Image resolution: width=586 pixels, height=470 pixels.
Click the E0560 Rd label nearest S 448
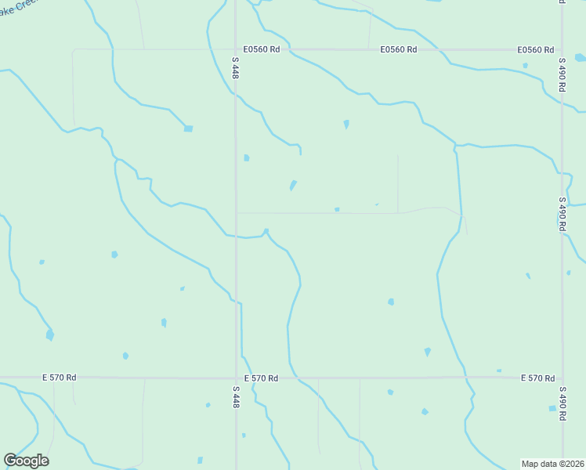[262, 49]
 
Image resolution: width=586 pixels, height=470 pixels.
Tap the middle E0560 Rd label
[399, 49]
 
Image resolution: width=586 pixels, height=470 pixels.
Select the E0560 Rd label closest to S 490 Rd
[536, 49]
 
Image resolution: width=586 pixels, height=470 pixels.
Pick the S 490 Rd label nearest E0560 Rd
[562, 74]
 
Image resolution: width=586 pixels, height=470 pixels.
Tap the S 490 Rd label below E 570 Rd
[562, 403]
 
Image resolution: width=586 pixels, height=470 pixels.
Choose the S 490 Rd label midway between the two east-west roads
[562, 212]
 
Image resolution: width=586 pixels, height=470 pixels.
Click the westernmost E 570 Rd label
[60, 378]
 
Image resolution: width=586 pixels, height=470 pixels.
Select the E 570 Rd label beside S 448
[261, 378]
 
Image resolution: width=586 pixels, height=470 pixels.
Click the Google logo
[26, 461]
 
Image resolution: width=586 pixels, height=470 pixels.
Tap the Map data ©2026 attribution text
[552, 464]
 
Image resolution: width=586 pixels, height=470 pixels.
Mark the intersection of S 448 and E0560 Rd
[236, 49]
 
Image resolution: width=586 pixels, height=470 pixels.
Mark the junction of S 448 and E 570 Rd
[236, 378]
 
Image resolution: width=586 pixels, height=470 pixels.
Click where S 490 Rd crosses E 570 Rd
[562, 378]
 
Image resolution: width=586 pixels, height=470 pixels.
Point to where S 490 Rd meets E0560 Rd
[562, 49]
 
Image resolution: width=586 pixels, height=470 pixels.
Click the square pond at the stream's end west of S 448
[188, 128]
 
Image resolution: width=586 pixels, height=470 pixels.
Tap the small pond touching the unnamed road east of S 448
[337, 209]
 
